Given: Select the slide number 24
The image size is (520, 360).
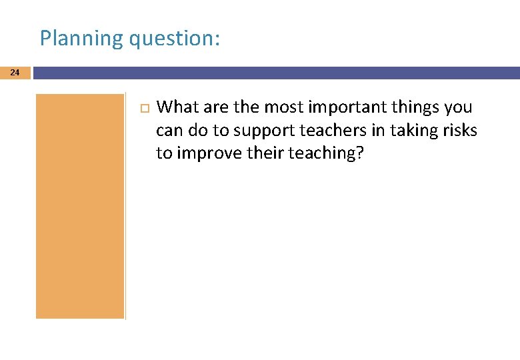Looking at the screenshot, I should tap(15, 72).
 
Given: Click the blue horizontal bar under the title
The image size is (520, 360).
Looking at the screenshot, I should tap(276, 72).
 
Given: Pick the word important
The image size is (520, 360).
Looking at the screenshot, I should tap(337, 107).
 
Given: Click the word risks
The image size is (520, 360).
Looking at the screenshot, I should tap(461, 130).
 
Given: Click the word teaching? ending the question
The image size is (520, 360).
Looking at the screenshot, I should tap(326, 153).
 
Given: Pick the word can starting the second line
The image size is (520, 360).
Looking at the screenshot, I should tap(168, 130).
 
